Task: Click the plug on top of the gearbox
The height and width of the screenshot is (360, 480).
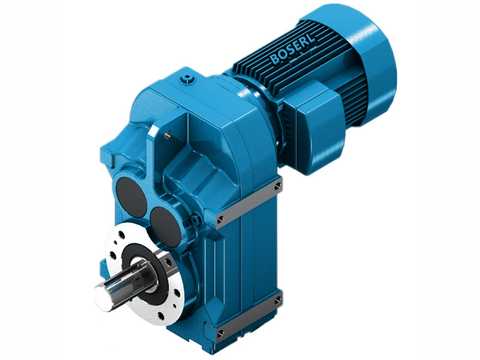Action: click(191, 78)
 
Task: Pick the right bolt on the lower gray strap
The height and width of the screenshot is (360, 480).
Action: click(277, 298)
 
